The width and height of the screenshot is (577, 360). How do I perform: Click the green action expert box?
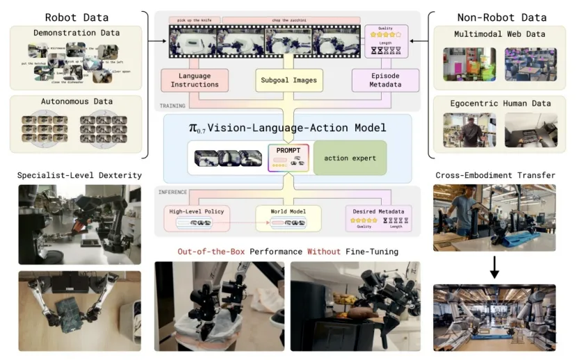[349, 158]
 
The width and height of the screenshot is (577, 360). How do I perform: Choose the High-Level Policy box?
[196, 216]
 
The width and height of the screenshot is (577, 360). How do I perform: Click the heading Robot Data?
[76, 17]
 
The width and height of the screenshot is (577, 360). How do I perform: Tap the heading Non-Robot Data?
[500, 17]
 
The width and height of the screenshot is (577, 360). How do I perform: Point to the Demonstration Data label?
[76, 33]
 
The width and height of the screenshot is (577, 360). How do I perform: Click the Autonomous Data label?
[76, 101]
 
